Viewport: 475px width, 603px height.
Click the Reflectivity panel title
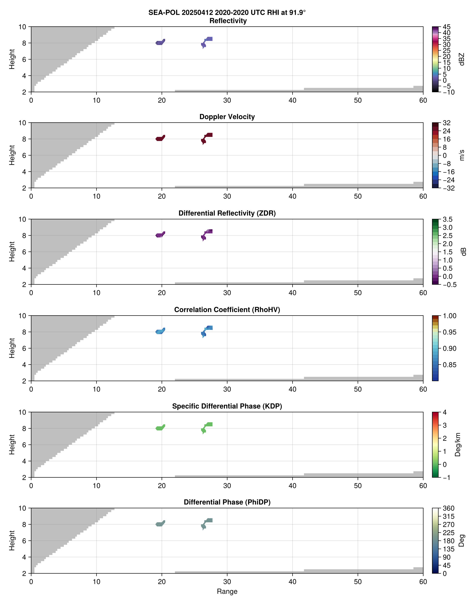click(x=228, y=21)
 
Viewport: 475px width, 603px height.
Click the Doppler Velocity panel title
click(x=227, y=117)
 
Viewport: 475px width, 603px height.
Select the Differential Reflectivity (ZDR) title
click(x=227, y=213)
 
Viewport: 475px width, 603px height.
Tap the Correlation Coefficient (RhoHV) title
click(x=227, y=310)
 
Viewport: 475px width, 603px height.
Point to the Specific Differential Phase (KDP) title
click(x=227, y=406)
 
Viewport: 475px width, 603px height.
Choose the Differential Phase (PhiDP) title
click(x=227, y=502)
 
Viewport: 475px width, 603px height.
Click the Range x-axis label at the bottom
click(x=227, y=591)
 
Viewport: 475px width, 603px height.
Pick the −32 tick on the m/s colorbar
click(x=448, y=188)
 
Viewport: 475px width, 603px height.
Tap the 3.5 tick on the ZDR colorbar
click(x=447, y=219)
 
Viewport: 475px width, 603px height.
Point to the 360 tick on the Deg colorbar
click(x=448, y=509)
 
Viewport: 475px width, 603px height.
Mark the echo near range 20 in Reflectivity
click(x=160, y=42)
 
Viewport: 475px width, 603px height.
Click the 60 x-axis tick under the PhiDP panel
click(x=423, y=582)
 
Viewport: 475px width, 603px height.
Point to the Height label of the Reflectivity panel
click(x=12, y=59)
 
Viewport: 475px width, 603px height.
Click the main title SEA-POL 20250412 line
click(x=227, y=13)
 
